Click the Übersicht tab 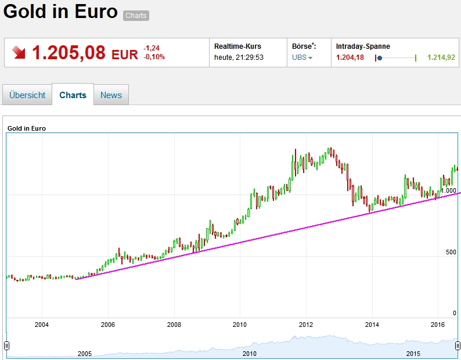(27, 95)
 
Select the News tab (111, 95)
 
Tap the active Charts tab (73, 95)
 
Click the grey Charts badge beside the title (136, 16)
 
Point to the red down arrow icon (19, 53)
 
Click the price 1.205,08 (69, 53)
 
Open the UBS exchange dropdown (302, 57)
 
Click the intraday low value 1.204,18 (350, 57)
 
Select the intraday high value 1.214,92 (441, 57)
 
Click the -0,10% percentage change (154, 57)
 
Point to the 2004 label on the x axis (42, 325)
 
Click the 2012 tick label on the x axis (306, 325)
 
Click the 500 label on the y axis (450, 252)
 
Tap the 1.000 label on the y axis (448, 190)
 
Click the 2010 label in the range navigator (249, 353)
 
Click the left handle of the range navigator (7, 346)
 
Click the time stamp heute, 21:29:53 (239, 57)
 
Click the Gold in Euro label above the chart (27, 128)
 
